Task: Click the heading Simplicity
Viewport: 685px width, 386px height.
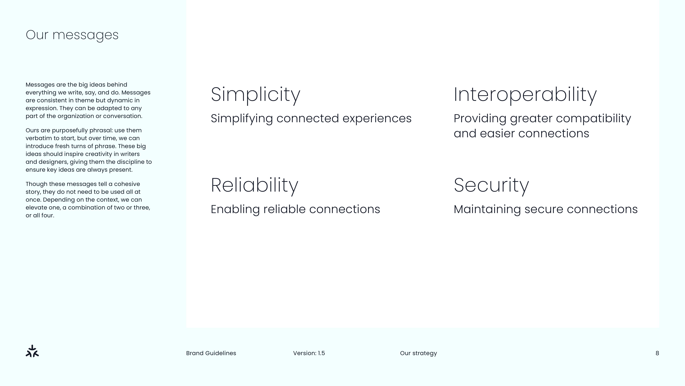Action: point(256,95)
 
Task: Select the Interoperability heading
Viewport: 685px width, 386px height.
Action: point(525,95)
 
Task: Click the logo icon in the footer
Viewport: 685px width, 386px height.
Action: point(32,351)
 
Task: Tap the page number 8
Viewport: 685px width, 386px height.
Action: point(657,353)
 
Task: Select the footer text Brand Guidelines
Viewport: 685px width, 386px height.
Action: point(211,353)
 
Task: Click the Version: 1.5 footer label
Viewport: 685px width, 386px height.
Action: point(309,353)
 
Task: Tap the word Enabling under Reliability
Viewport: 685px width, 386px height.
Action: point(235,209)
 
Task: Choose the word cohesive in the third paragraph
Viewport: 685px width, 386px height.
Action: point(127,184)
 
